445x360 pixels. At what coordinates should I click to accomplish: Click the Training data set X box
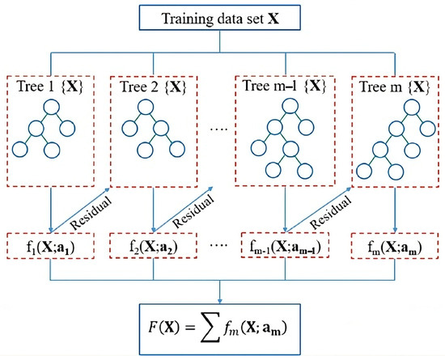[222, 17]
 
